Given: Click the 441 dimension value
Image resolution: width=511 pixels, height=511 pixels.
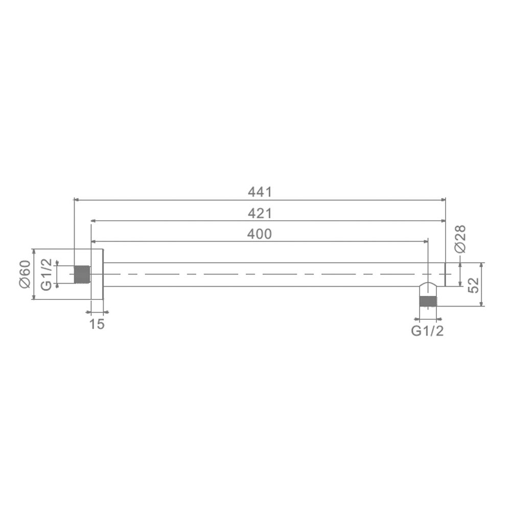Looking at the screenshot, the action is click(x=260, y=192).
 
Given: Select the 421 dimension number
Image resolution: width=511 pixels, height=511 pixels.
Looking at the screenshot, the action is click(x=260, y=214).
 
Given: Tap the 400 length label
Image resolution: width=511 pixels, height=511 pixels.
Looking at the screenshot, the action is click(x=260, y=234).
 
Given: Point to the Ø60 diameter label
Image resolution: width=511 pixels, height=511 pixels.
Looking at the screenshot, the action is click(x=25, y=274).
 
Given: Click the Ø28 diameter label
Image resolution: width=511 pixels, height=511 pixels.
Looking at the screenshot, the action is click(x=460, y=239).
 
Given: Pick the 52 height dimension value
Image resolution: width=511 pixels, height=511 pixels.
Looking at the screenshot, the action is click(x=474, y=285).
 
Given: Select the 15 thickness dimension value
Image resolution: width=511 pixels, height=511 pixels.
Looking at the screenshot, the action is click(x=97, y=324).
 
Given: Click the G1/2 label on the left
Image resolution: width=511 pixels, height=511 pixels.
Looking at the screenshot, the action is click(x=47, y=274).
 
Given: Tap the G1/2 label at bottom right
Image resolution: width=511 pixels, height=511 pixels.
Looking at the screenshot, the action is click(x=427, y=331).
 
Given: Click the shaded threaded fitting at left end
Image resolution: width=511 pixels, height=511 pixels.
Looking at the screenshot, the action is click(x=82, y=274).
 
